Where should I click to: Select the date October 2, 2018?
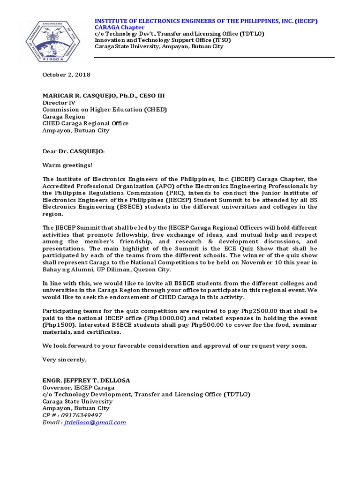(x=67, y=75)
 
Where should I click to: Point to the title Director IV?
(x=59, y=103)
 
